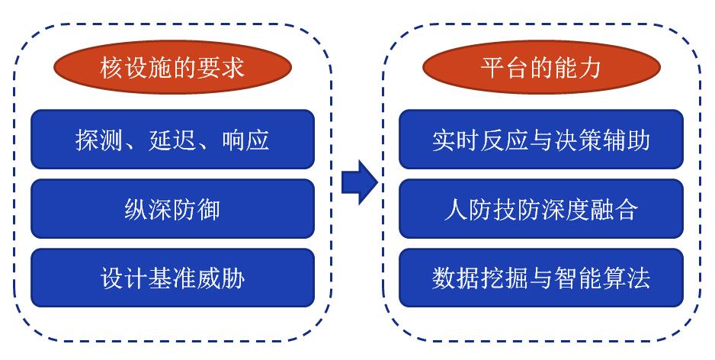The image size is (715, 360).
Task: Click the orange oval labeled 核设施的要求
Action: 172,67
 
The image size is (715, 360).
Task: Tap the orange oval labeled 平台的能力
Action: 541,67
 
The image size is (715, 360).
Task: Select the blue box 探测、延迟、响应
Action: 172,139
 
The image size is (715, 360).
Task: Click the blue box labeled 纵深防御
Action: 172,208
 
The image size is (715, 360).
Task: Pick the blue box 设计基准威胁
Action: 172,278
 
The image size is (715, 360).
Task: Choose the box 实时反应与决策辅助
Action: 541,139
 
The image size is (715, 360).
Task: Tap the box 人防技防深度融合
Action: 541,208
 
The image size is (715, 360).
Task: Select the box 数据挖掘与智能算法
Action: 541,278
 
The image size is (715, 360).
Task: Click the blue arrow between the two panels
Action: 359,182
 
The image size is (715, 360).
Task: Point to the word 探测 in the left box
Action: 99,140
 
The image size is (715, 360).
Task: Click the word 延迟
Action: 172,140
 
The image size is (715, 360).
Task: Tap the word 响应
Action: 245,140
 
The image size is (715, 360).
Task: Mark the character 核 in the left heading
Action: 112,68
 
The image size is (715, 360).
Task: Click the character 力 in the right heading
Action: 589,68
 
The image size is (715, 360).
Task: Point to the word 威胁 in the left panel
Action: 221,278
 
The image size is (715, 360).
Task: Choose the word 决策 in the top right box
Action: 578,140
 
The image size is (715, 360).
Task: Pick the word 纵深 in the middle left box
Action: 148,210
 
